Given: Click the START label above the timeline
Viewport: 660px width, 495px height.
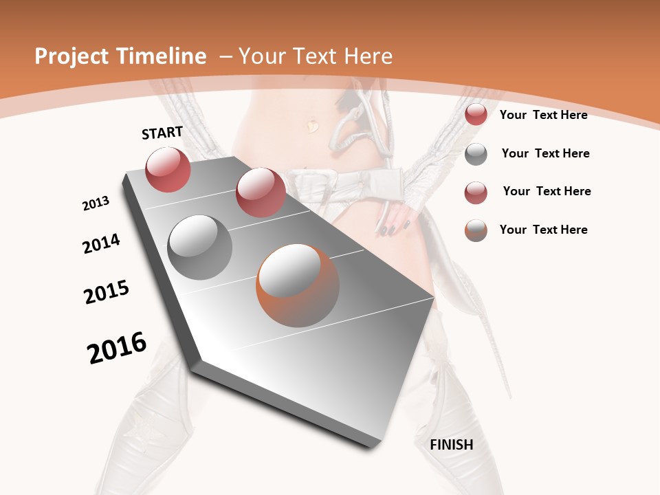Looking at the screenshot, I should [162, 133].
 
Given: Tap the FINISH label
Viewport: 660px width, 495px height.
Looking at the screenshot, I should [451, 445].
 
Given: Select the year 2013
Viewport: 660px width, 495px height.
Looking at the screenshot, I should [96, 203].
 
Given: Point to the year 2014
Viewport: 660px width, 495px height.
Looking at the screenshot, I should [101, 243].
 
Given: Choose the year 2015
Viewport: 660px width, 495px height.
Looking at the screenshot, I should [107, 292].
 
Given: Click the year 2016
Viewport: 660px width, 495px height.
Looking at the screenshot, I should [117, 347].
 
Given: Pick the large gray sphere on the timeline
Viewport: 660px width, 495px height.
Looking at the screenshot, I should [200, 247].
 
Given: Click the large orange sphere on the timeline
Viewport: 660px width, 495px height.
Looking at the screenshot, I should [298, 285].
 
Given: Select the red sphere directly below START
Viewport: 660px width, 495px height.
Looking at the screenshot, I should [168, 169].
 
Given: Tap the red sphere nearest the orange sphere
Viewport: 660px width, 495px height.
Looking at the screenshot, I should [261, 192].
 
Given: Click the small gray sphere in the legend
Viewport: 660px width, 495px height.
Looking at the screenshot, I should [476, 154].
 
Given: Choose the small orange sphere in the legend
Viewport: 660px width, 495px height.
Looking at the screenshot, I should [476, 230].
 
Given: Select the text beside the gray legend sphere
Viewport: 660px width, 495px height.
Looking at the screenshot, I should [545, 153].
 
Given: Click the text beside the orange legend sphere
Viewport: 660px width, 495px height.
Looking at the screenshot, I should [543, 230].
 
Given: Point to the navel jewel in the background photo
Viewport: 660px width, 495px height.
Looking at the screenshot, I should [313, 125].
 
